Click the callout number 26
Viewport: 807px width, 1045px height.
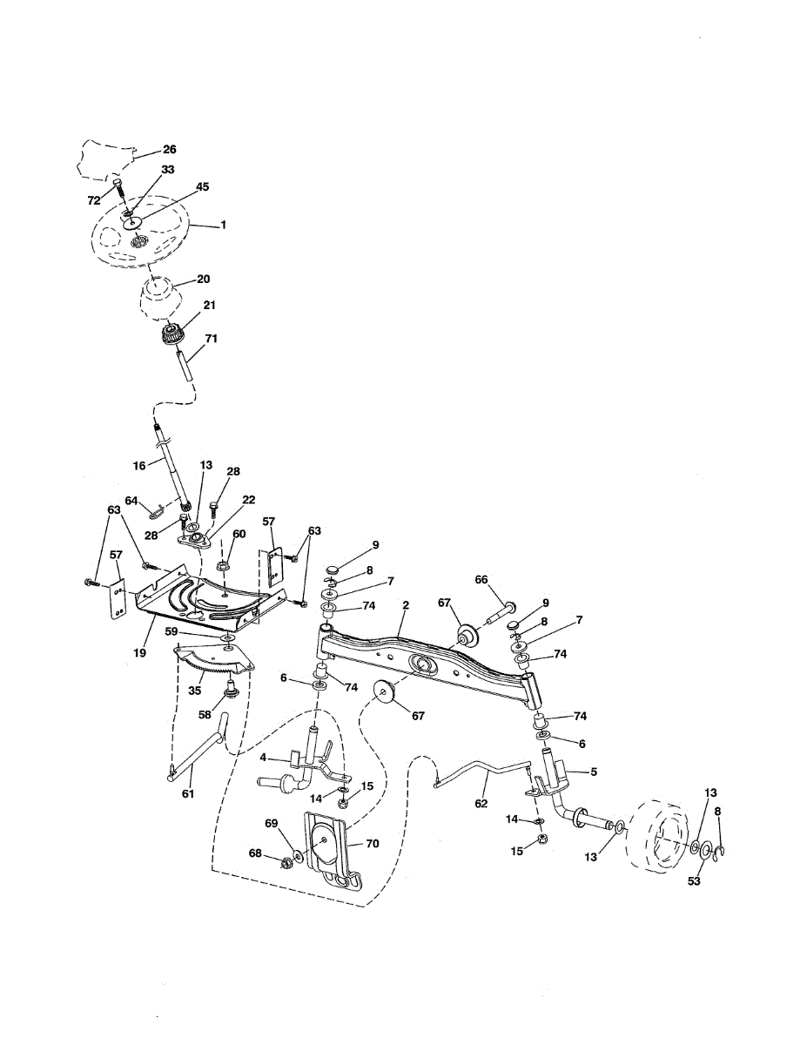[169, 150]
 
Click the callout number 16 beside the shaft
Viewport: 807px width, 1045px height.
[138, 466]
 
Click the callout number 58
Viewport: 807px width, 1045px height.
[206, 713]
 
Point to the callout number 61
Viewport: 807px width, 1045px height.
[188, 794]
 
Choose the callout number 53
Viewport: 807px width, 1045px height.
[693, 881]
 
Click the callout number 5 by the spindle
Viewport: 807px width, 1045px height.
[593, 772]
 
